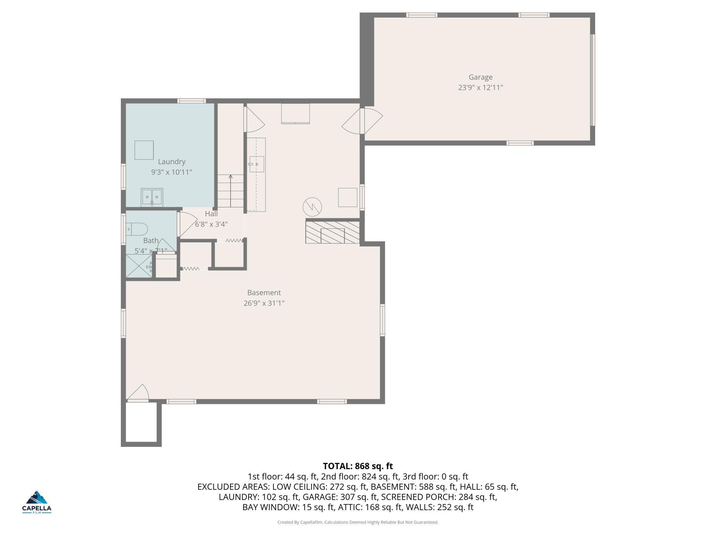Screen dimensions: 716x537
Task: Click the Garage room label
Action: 480,77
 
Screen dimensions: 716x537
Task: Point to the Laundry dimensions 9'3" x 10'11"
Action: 171,172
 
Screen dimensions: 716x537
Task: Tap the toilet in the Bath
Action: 137,229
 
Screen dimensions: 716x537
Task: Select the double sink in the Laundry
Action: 152,197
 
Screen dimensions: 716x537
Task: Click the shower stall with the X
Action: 139,266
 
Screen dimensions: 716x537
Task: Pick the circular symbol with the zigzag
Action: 312,207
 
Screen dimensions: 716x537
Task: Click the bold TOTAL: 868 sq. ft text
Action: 358,466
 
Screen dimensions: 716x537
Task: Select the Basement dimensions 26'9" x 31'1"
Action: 264,303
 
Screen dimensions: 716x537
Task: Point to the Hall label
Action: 211,214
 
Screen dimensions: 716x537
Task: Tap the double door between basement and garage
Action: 362,121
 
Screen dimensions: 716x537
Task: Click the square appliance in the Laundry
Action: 144,150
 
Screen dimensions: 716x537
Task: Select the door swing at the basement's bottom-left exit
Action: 138,393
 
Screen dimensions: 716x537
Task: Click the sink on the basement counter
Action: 256,164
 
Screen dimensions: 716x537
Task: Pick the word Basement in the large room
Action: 264,293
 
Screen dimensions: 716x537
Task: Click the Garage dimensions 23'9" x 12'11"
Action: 480,87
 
